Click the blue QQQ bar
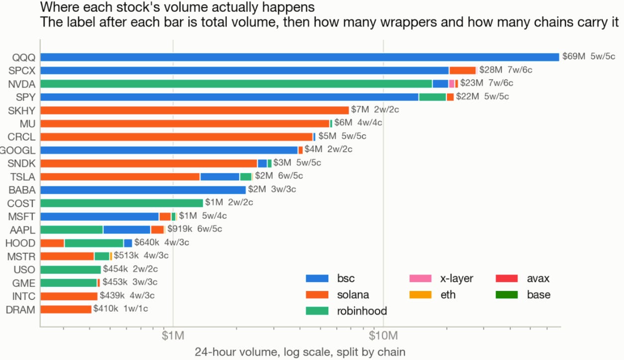click(300, 57)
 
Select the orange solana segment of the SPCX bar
click(462, 71)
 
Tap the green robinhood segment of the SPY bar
click(432, 97)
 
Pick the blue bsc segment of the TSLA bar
click(220, 177)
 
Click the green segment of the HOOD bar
click(94, 243)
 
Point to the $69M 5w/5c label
click(589, 56)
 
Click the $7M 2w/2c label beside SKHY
click(375, 109)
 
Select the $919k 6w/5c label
click(195, 229)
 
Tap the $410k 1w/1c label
click(120, 308)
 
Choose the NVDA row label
click(22, 84)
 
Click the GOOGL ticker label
click(17, 150)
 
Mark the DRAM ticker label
click(20, 310)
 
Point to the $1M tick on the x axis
click(173, 336)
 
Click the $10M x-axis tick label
click(383, 336)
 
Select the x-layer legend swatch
click(420, 278)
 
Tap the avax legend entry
click(522, 278)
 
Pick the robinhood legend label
click(362, 311)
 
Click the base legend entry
click(523, 294)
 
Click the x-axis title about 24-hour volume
click(300, 352)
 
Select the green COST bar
click(121, 203)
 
